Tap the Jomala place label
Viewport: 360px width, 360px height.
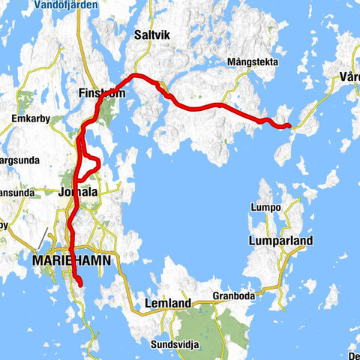78,193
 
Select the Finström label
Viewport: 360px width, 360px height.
100,94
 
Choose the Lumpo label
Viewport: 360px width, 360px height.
266,207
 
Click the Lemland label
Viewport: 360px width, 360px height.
169,303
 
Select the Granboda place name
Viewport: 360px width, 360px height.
232,295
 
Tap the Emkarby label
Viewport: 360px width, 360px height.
30,118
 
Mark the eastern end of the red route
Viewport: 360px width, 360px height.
289,126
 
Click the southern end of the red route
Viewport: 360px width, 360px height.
79,283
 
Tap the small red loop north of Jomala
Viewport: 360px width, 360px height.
91,163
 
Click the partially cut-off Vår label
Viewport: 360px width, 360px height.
349,76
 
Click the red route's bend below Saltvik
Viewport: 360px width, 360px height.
137,77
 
